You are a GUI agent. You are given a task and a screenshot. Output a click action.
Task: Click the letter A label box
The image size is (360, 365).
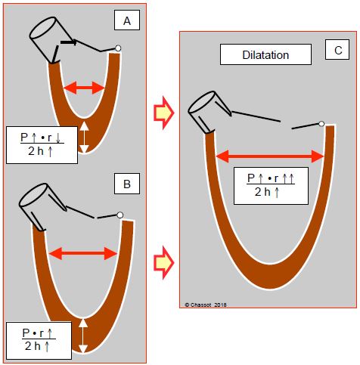pyautogui.click(x=127, y=20)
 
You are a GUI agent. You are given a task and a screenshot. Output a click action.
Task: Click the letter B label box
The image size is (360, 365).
pyautogui.click(x=127, y=184)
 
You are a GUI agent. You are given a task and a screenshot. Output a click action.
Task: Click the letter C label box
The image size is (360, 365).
pyautogui.click(x=337, y=50)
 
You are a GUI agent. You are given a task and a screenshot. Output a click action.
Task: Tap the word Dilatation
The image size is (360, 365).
pyautogui.click(x=265, y=55)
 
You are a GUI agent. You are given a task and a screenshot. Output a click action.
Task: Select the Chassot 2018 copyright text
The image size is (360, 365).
pyautogui.click(x=206, y=305)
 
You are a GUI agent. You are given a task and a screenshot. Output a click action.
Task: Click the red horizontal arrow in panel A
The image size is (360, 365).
pyautogui.click(x=84, y=88)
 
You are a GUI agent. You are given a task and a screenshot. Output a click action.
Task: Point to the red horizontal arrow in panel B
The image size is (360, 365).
pyautogui.click(x=83, y=253)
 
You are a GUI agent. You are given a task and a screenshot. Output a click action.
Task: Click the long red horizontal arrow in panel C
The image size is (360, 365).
pyautogui.click(x=270, y=156)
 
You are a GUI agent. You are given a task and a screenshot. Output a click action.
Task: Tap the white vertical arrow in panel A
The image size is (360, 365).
pyautogui.click(x=85, y=138)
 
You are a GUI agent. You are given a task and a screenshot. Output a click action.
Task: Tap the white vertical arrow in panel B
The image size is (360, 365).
pyautogui.click(x=83, y=336)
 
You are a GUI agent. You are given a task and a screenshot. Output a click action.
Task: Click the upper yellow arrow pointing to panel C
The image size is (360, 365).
pyautogui.click(x=164, y=113)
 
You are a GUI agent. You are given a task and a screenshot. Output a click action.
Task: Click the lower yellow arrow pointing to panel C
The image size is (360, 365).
pyautogui.click(x=164, y=263)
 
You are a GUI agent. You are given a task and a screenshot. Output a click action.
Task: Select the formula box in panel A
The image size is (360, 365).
pyautogui.click(x=42, y=145)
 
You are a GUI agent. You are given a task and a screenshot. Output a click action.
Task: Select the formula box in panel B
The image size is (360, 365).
pyautogui.click(x=39, y=341)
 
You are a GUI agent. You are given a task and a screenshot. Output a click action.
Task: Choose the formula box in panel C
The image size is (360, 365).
pyautogui.click(x=271, y=186)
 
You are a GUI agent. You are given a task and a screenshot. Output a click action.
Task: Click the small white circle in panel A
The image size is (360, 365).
pyautogui.click(x=118, y=48)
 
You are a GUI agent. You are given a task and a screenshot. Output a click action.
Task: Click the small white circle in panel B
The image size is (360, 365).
pyautogui.click(x=120, y=215)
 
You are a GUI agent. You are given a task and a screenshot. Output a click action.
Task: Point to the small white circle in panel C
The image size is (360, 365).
pyautogui.click(x=321, y=124)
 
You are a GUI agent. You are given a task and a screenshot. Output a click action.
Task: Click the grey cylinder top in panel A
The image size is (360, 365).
pyautogui.click(x=42, y=27)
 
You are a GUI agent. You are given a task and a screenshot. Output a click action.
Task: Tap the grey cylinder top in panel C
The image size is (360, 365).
pyautogui.click(x=201, y=102)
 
